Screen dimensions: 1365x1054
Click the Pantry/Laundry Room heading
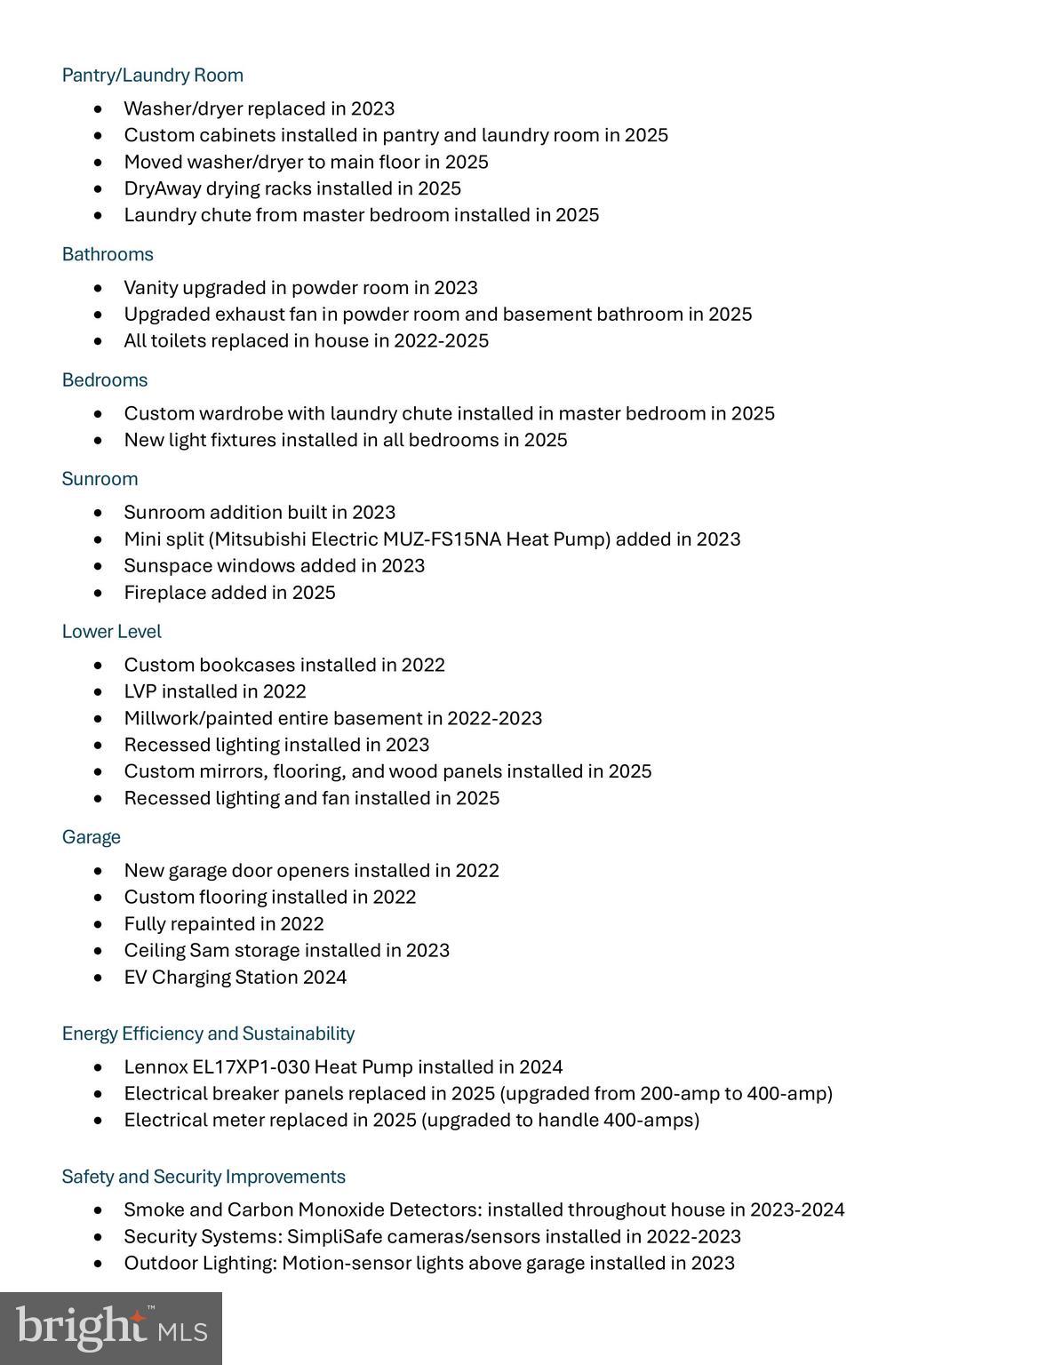coord(152,76)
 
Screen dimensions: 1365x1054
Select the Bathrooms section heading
coord(108,255)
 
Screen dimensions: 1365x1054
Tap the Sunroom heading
coord(100,479)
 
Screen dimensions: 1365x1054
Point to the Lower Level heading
coord(111,632)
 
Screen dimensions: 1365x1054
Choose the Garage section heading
coord(91,837)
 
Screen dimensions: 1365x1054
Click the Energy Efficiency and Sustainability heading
coord(208,1034)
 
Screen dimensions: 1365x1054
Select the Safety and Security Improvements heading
coord(204,1177)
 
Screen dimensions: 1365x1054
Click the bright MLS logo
coord(111,1329)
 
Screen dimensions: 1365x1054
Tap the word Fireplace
coord(164,593)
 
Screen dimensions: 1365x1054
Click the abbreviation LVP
coord(140,691)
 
